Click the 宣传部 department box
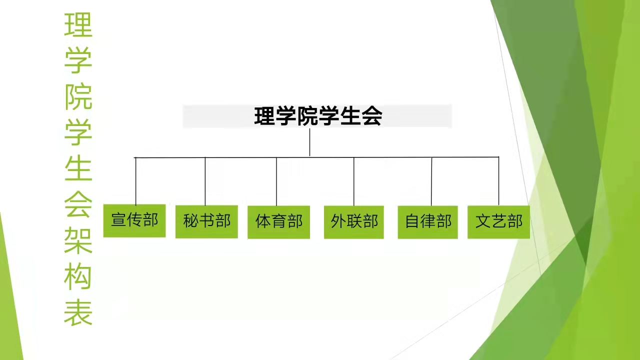pyautogui.click(x=134, y=220)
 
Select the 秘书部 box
pyautogui.click(x=206, y=221)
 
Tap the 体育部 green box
pyautogui.click(x=278, y=222)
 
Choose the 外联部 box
pyautogui.click(x=353, y=222)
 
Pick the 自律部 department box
pyautogui.click(x=427, y=222)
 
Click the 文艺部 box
pyautogui.click(x=498, y=222)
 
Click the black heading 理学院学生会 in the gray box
pyautogui.click(x=318, y=116)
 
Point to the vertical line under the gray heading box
pyautogui.click(x=309, y=142)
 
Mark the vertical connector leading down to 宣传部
pyautogui.click(x=135, y=181)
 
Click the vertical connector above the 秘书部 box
pyautogui.click(x=205, y=181)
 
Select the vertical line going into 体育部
pyautogui.click(x=276, y=181)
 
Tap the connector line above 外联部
pyautogui.click(x=353, y=181)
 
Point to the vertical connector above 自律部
pyautogui.click(x=431, y=181)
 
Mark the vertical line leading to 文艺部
pyautogui.click(x=498, y=181)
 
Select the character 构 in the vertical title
pyautogui.click(x=78, y=276)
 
